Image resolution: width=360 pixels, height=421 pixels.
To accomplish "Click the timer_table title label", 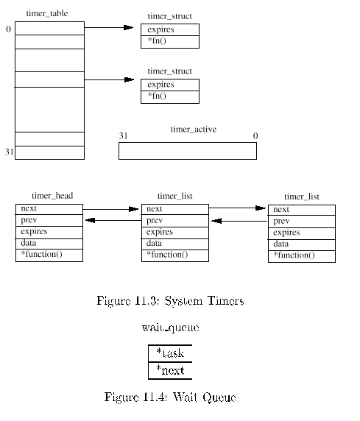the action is (47, 13).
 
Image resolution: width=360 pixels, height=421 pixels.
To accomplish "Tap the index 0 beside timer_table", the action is (9, 29).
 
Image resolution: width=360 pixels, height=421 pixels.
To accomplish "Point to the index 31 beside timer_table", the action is (9, 152).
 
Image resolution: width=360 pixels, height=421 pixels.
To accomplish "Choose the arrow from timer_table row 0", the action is (109, 27).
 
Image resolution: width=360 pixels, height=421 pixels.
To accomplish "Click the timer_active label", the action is (194, 129).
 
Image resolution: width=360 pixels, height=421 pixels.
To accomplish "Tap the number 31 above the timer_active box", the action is (124, 136).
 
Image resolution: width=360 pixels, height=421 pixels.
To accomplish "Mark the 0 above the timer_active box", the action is (255, 136).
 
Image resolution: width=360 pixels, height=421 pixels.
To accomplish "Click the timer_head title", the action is (52, 196).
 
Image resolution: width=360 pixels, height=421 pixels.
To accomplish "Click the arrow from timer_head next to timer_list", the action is (110, 209).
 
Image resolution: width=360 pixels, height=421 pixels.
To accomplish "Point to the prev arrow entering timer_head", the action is (113, 220).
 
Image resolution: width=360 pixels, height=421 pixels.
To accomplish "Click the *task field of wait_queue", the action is (170, 353).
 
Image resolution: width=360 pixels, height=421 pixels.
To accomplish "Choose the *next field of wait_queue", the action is (170, 370).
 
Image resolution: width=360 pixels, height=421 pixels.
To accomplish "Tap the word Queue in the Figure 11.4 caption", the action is (219, 397).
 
